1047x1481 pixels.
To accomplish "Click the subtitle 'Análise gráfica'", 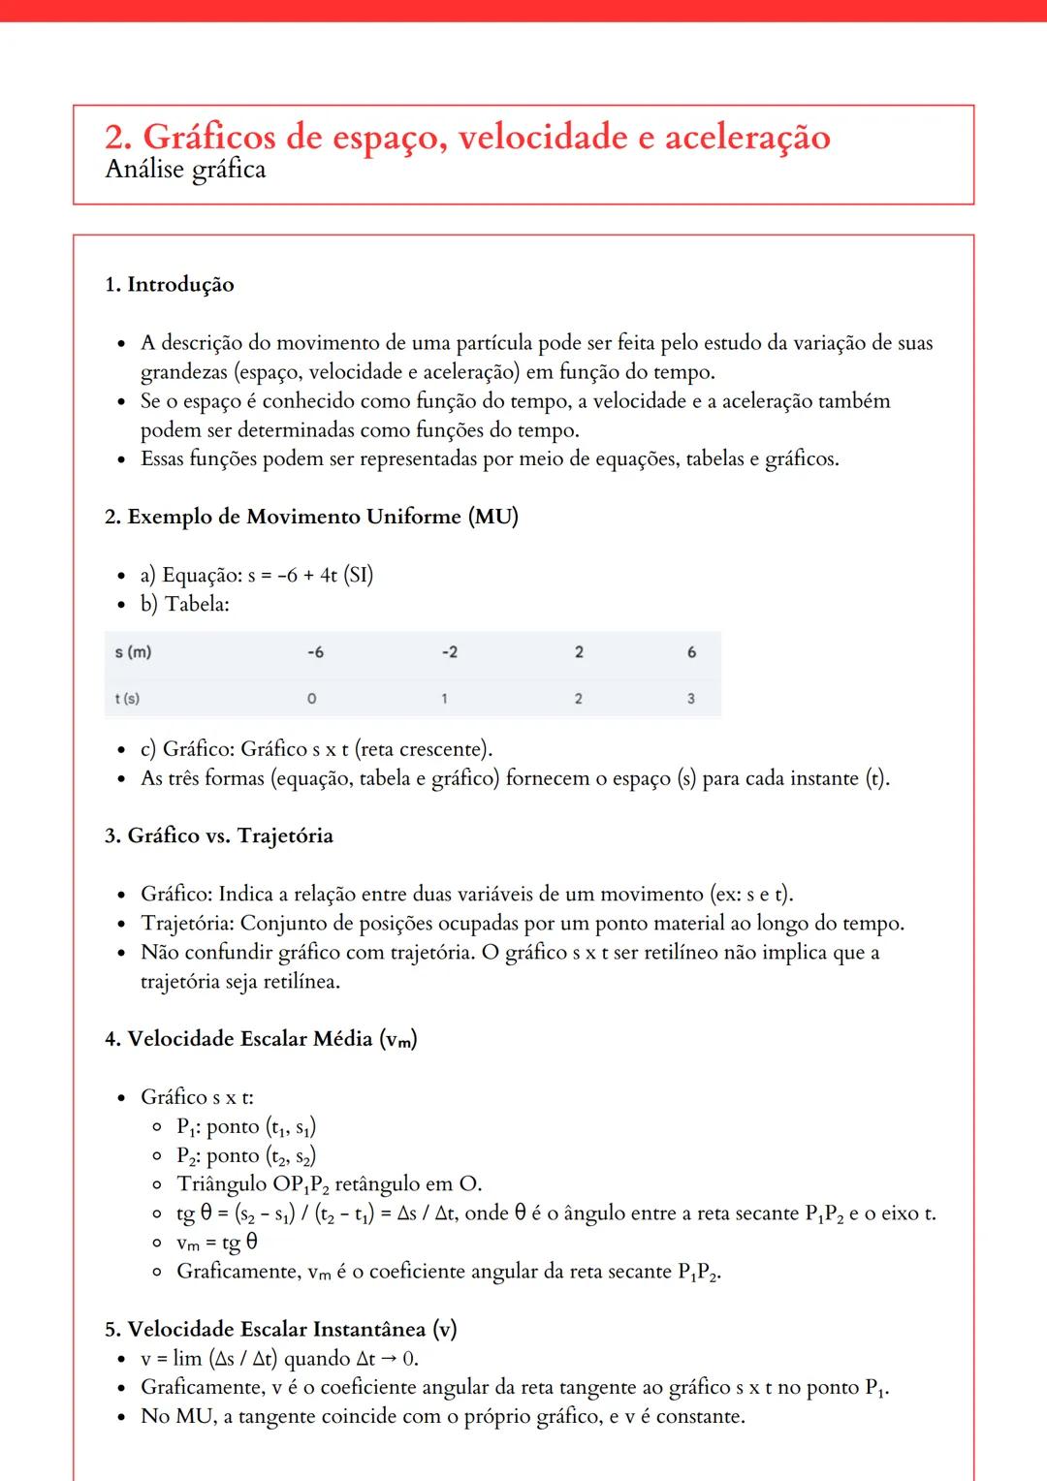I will [x=185, y=171].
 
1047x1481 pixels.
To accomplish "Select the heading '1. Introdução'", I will [x=170, y=285].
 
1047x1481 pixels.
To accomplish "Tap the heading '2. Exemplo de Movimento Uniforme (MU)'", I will [x=311, y=517].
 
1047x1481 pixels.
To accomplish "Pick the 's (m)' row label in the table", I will [x=134, y=652].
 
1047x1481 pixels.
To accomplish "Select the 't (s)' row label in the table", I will [x=128, y=699].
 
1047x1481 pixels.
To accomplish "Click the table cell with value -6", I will [x=315, y=652].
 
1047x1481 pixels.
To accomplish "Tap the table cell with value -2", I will [x=449, y=652].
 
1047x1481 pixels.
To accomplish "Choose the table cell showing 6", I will [x=691, y=652].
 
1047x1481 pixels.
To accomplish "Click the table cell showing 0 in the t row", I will [x=311, y=699].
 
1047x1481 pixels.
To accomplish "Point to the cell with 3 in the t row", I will [x=690, y=699].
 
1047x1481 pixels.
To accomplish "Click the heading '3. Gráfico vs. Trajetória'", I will [x=219, y=836].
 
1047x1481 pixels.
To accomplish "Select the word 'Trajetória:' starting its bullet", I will [x=187, y=923].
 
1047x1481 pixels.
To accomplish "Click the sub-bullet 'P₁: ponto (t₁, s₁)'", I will [x=246, y=1126].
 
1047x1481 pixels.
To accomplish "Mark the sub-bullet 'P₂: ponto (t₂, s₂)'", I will [x=246, y=1155].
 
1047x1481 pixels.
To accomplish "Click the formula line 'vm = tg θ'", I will [x=217, y=1243].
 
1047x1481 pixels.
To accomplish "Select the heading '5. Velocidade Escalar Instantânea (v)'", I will [x=280, y=1329].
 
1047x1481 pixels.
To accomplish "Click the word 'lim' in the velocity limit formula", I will [x=187, y=1359].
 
